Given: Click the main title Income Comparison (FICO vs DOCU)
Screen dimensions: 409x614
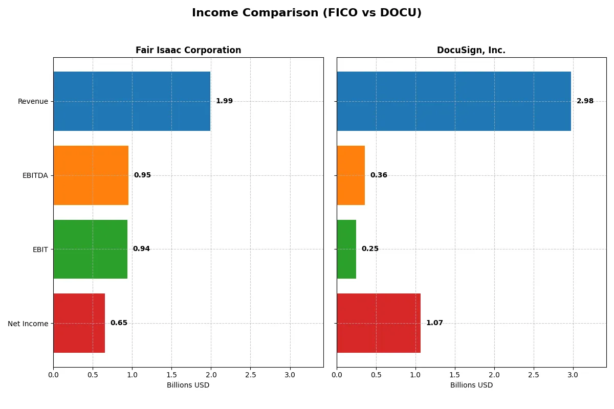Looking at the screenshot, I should [306, 13].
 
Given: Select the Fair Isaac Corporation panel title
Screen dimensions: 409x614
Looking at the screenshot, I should [188, 50].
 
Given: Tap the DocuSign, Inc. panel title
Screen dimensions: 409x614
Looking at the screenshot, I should [471, 50].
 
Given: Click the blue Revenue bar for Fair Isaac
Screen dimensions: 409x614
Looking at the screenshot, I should [131, 101].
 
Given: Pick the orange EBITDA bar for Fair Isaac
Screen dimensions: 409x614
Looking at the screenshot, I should [91, 175].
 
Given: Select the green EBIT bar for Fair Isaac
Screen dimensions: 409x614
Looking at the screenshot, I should [90, 249].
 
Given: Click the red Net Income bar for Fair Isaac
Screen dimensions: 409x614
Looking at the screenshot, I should [79, 323].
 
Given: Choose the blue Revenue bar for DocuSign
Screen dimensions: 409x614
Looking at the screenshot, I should [453, 101].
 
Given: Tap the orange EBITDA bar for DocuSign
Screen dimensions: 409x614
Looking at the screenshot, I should [350, 175].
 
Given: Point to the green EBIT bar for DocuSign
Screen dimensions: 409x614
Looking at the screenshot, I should [346, 249].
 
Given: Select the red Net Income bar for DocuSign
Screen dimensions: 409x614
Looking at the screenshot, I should [379, 323].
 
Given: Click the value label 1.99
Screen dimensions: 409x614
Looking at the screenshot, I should [224, 101].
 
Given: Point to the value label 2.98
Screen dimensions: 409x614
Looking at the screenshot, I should [585, 101].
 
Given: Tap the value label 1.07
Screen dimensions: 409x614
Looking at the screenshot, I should [434, 323].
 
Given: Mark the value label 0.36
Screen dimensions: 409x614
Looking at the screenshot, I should [379, 175].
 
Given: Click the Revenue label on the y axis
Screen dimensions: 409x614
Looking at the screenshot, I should [33, 101].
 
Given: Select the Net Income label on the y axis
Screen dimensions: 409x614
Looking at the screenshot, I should [28, 324].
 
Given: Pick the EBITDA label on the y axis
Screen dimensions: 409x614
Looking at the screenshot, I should [35, 175].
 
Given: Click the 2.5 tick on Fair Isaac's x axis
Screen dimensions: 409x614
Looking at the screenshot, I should [250, 375].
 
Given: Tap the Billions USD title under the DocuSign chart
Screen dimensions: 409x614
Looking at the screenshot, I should [471, 385].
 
